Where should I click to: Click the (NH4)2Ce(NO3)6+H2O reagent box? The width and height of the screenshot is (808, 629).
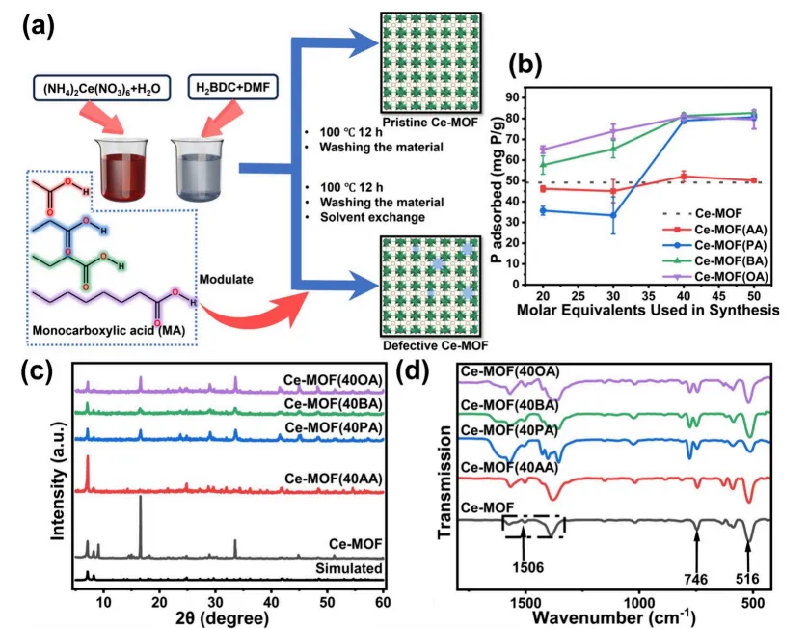coord(101,88)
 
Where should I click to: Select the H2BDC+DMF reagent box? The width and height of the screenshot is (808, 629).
coord(233,87)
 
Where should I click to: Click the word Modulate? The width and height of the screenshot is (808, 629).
coord(227,280)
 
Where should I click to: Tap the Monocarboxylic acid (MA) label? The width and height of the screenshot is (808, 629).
coord(109,330)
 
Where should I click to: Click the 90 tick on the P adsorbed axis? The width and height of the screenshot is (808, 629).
coord(512,97)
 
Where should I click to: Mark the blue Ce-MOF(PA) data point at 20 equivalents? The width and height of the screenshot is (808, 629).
coord(543,210)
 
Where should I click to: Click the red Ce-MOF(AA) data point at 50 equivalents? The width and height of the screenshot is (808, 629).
coord(754,180)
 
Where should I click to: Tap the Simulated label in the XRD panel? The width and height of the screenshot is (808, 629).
coord(349,568)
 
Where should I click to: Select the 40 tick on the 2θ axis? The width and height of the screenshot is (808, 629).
coord(271,602)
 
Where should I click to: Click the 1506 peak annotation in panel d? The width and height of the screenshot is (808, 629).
coord(527,567)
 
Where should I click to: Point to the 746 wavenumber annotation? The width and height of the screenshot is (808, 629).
coord(695,579)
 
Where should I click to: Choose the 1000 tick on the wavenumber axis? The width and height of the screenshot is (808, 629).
coord(639,602)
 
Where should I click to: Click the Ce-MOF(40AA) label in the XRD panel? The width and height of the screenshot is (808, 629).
coord(334,479)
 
